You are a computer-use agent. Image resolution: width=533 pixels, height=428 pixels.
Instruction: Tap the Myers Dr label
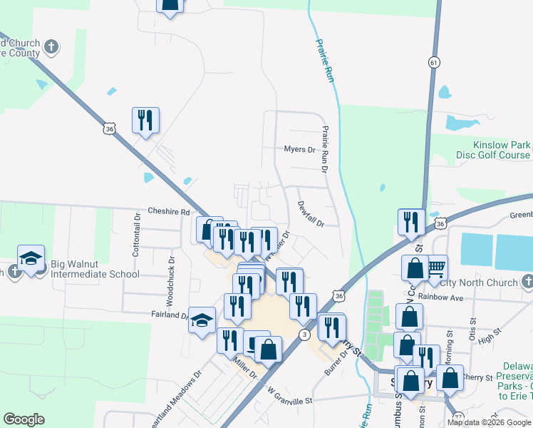(x=299, y=150)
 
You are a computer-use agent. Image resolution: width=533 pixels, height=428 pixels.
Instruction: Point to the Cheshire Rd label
(x=169, y=212)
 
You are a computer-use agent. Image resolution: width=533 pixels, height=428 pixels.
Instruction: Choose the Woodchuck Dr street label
(x=170, y=269)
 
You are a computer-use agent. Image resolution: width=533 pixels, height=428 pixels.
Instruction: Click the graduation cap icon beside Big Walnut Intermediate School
(x=31, y=259)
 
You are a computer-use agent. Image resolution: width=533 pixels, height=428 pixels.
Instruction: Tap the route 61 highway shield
(x=434, y=63)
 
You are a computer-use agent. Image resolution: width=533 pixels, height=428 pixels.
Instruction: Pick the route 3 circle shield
(x=305, y=335)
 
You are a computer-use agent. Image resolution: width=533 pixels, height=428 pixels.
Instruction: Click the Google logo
(x=24, y=419)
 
